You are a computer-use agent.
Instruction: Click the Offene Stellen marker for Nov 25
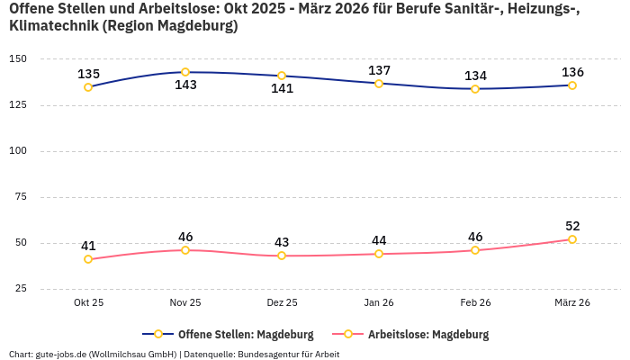coord(185,72)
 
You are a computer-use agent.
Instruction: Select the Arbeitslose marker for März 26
coord(572,239)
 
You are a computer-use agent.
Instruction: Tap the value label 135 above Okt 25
coord(88,74)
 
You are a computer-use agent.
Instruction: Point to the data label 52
coord(572,226)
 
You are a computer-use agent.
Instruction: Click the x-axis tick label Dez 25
coord(282,302)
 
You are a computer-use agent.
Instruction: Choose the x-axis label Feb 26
coord(475,302)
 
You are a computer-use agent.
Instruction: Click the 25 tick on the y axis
coord(21,288)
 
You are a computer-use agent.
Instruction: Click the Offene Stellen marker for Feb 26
coord(475,89)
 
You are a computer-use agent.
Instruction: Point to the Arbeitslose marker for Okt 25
coord(88,259)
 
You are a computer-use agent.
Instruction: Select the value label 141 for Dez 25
coord(282,89)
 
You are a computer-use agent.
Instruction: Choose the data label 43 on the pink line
coord(282,242)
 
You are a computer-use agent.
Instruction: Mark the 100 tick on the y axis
coord(18,151)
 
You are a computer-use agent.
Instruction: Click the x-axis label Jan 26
coord(379,302)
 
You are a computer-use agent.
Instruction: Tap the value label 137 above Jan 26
coord(379,70)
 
